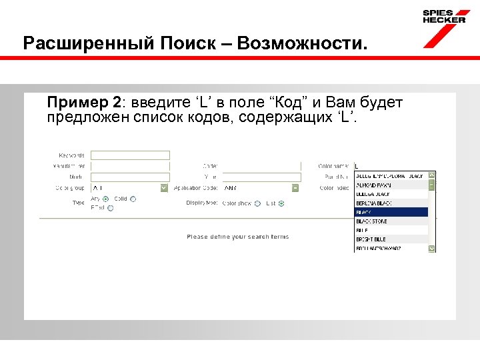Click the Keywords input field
130,155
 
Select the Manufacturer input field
130,166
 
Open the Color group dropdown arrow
165,189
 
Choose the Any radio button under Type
107,199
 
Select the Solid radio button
133,199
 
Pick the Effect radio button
111,208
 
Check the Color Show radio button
257,203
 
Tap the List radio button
281,203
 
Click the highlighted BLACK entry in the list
391,212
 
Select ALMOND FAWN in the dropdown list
391,185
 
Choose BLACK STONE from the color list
391,221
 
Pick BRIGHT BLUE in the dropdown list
391,239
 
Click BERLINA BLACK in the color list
391,203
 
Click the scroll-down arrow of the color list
432,248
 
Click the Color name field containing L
393,166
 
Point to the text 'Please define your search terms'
238,237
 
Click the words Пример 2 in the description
84,103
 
